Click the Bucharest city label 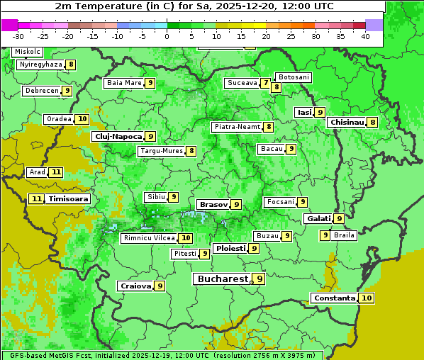click(x=221, y=279)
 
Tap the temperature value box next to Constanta click(x=367, y=298)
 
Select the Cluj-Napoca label click(x=118, y=136)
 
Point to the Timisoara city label click(x=68, y=199)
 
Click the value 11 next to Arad click(x=56, y=172)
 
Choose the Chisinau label click(x=347, y=122)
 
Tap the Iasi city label click(x=304, y=112)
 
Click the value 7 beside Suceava click(x=265, y=83)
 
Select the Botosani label click(x=293, y=77)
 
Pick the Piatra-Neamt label click(x=237, y=127)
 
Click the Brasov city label click(x=213, y=204)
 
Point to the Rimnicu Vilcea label click(x=147, y=238)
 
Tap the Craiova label click(x=135, y=286)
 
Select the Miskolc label click(x=28, y=52)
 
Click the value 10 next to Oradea click(x=82, y=119)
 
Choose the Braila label click(x=344, y=235)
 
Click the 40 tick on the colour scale click(x=365, y=35)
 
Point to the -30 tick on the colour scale click(x=18, y=35)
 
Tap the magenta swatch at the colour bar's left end click(x=9, y=25)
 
